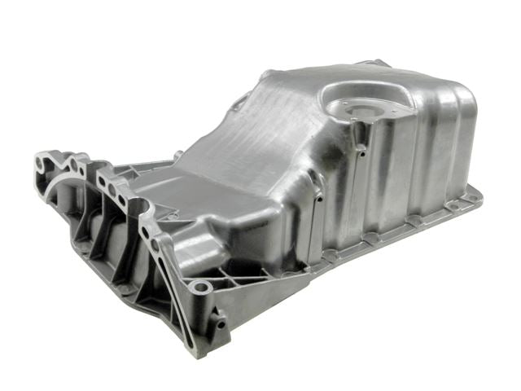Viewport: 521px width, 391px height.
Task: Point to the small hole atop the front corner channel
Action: click(318, 197)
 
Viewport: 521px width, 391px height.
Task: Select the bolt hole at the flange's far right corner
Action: click(471, 197)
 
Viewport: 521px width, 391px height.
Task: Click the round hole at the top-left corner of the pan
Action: click(41, 165)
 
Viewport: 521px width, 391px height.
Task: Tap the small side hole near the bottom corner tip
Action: click(221, 323)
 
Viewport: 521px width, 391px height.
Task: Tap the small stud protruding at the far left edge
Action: click(177, 153)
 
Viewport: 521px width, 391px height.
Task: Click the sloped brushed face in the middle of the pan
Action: click(244, 155)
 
